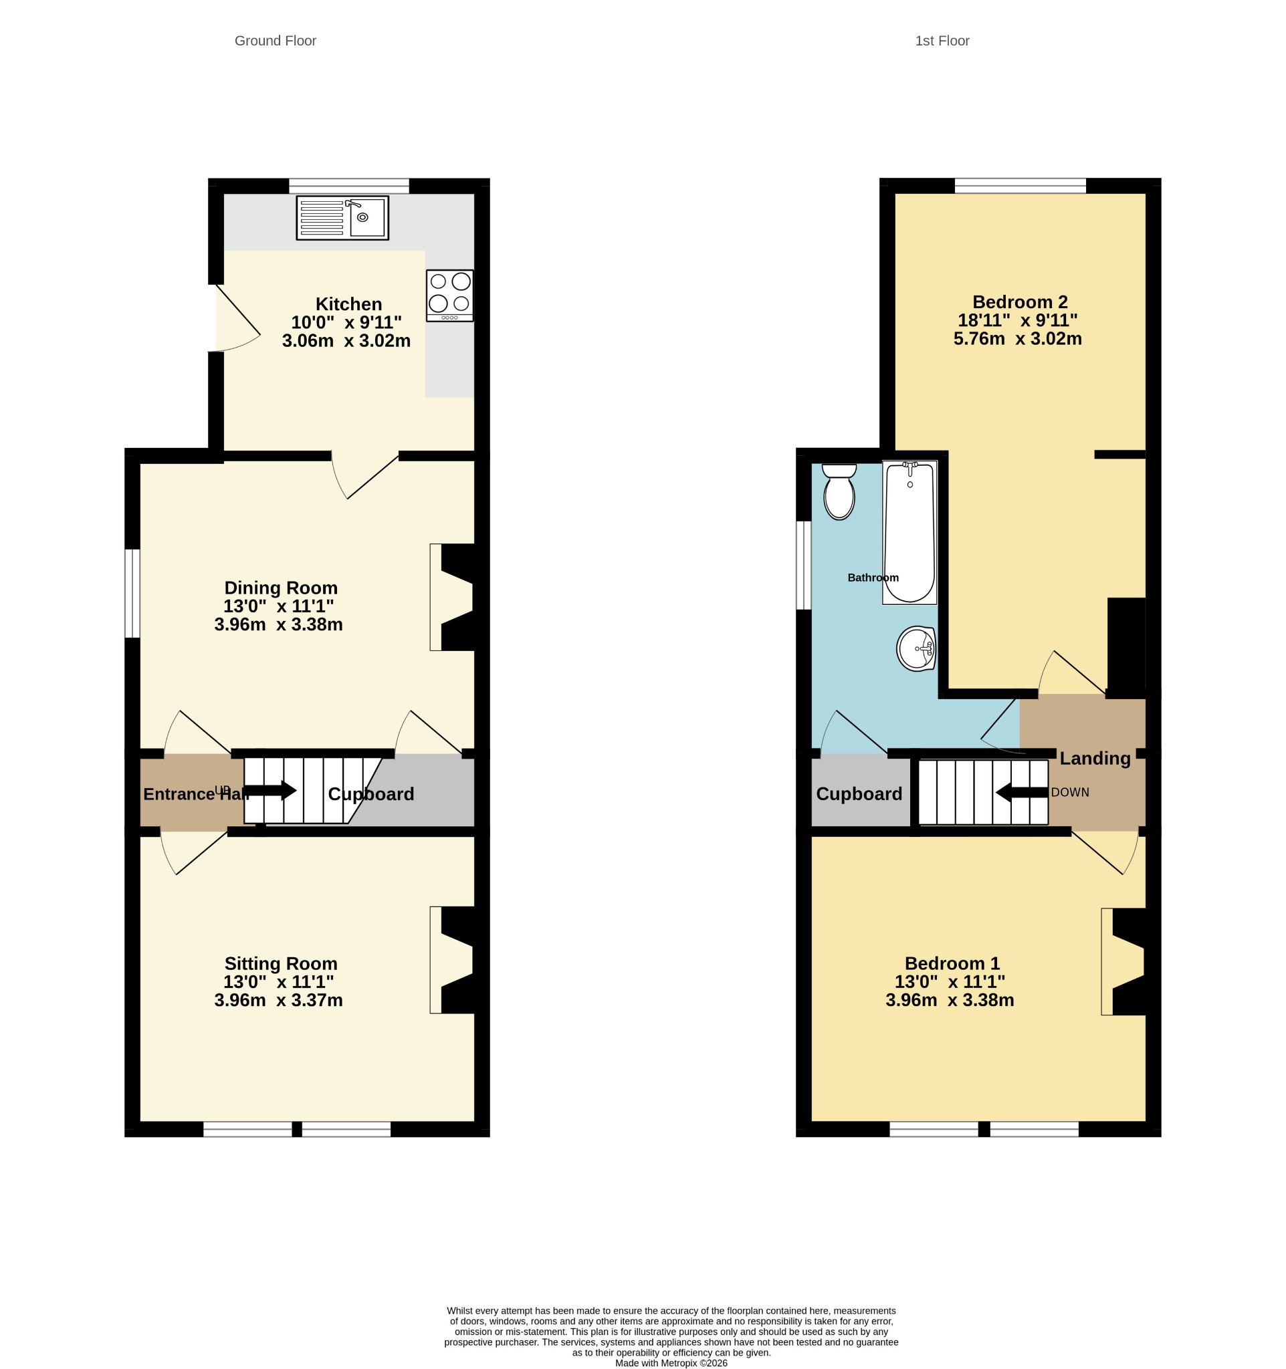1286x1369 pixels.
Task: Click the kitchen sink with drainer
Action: click(x=342, y=218)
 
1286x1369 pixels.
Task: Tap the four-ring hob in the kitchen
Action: click(x=450, y=295)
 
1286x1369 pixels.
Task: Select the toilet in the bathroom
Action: click(x=839, y=492)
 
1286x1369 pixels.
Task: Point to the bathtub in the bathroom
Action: click(x=910, y=532)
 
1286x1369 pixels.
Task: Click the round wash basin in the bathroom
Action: click(x=916, y=648)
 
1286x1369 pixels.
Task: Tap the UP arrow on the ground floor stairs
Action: click(x=271, y=791)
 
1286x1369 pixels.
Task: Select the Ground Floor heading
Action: click(x=276, y=41)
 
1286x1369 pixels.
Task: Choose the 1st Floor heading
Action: click(x=942, y=41)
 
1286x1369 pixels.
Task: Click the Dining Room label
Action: click(x=281, y=588)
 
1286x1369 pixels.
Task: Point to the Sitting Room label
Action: click(x=281, y=963)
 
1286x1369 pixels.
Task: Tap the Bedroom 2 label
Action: click(x=1020, y=301)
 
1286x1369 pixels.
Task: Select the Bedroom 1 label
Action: click(x=952, y=963)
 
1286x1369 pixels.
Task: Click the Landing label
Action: click(x=1095, y=758)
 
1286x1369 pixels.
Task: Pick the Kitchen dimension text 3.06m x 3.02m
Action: click(x=346, y=341)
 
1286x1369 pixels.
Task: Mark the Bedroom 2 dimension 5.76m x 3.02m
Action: click(x=1018, y=339)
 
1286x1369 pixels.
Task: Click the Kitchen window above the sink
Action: click(x=348, y=186)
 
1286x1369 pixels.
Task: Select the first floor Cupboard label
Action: click(x=859, y=794)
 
